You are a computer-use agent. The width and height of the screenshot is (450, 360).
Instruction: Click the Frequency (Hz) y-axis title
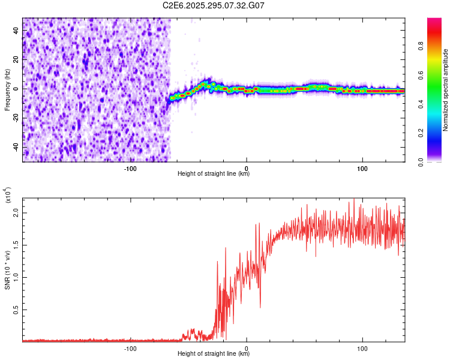7,90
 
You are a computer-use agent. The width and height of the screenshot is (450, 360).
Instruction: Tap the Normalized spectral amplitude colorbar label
445,90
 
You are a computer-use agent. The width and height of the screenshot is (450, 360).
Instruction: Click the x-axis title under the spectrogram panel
214,174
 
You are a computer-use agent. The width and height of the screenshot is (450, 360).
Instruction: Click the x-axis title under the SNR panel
214,354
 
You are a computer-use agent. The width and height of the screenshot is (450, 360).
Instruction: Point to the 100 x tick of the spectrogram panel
362,169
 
